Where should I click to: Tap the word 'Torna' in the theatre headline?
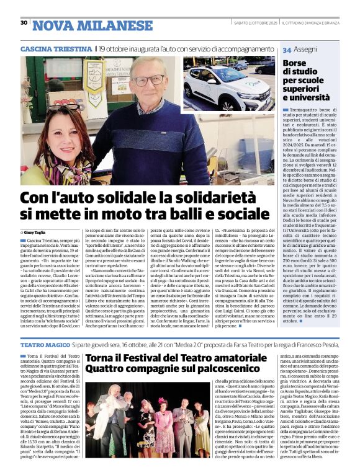click(x=102, y=358)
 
